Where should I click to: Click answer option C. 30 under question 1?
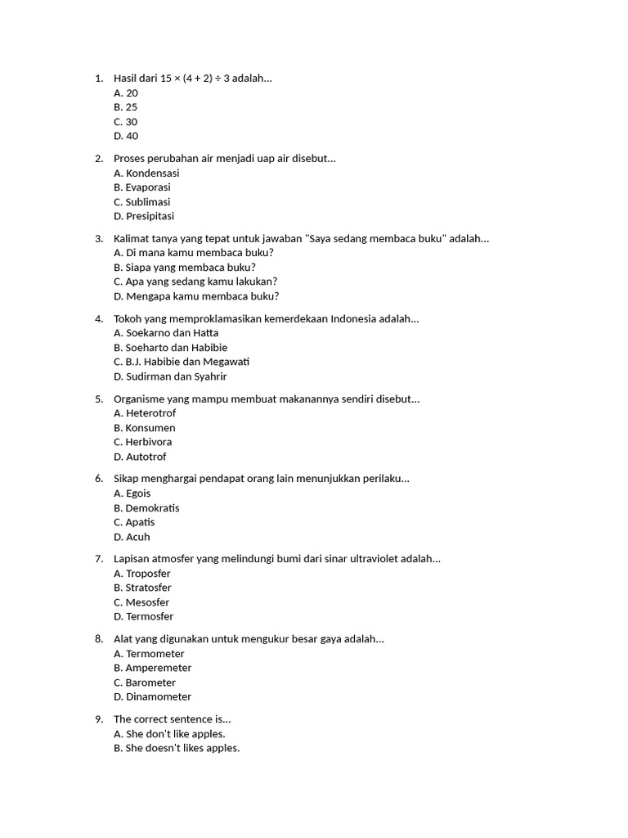126,122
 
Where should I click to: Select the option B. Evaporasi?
142,187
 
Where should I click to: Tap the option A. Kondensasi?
146,173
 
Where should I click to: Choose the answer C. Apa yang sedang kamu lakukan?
195,282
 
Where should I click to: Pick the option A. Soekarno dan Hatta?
166,333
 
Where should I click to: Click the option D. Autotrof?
140,457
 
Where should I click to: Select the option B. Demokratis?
146,508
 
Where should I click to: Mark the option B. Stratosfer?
142,588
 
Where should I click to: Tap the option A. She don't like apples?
169,734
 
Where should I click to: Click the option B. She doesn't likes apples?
177,748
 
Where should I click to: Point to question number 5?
98,399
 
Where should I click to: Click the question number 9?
98,719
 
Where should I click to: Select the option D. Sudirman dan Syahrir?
170,376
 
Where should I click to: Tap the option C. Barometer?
145,683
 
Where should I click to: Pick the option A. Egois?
132,493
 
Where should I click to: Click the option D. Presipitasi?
144,217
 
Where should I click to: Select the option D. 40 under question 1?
126,137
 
